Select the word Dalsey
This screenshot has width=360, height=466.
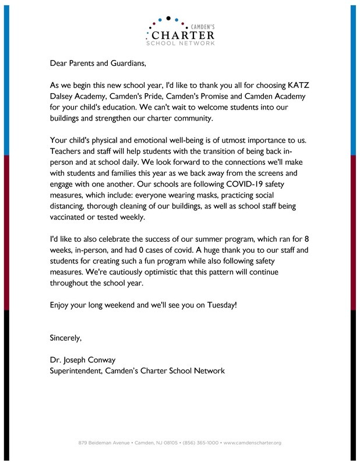64,95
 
